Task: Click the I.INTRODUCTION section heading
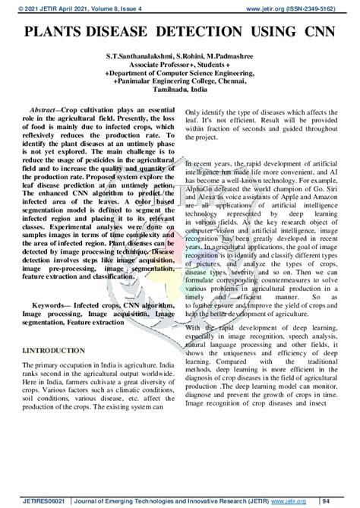pos(54,352)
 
